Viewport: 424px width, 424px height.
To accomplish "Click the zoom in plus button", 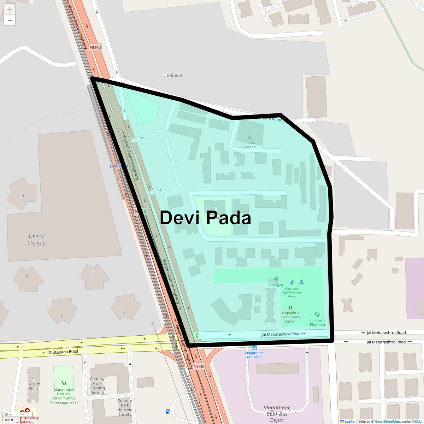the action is [10, 10].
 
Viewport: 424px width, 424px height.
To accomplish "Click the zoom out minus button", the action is [10, 20].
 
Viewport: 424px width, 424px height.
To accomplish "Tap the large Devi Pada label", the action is [205, 218].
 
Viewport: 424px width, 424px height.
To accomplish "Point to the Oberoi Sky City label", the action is [37, 240].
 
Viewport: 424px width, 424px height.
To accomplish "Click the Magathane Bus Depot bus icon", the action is [254, 348].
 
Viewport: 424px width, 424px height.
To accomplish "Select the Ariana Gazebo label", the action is [249, 145].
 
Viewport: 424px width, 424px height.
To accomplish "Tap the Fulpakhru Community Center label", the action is [290, 317].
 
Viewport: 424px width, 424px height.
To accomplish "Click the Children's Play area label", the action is [317, 323].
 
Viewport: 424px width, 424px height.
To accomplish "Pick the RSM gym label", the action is [276, 285].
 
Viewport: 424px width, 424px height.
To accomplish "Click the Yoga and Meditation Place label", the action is [292, 293].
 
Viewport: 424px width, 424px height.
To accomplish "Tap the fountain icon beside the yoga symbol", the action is [301, 282].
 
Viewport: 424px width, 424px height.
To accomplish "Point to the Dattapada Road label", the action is [63, 352].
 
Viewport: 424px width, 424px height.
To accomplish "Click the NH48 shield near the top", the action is [95, 47].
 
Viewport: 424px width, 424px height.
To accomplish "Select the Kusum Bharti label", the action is [34, 386].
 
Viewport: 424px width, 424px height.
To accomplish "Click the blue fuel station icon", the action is [168, 411].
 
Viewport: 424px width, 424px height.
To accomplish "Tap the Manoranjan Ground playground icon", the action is [64, 383].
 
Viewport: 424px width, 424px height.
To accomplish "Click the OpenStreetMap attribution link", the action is [387, 422].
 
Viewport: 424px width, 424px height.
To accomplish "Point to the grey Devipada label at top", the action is [173, 75].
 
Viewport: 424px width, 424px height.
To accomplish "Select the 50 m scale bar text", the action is [8, 414].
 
